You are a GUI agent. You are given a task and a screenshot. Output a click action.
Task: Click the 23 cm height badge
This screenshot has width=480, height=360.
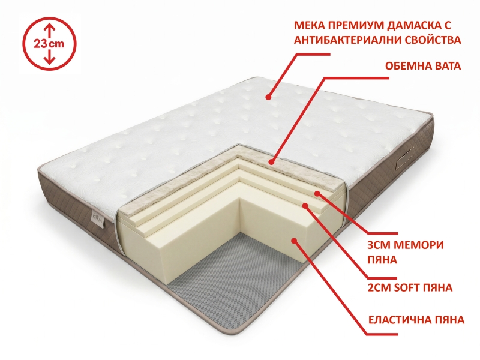point(49,44)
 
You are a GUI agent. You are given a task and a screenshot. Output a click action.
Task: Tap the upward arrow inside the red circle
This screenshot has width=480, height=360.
point(49,31)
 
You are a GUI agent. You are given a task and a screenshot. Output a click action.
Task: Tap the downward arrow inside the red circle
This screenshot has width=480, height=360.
point(49,57)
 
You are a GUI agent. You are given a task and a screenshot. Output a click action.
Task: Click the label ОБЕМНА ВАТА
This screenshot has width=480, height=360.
point(423,66)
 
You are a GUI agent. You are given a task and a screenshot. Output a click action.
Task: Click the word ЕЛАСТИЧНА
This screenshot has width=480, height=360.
point(398,320)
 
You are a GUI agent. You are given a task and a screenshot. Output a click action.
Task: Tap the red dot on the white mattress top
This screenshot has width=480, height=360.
point(268,97)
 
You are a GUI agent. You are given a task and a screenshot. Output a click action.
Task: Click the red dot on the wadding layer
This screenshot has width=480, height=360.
point(271,162)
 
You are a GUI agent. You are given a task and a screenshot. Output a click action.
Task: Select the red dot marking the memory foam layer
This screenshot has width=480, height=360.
point(317,193)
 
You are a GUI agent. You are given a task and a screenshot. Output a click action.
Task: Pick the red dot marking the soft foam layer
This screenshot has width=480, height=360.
point(305,205)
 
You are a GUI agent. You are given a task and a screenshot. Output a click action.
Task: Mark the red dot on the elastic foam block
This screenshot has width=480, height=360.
point(294,241)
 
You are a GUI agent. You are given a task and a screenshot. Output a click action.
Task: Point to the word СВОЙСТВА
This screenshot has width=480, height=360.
point(432,40)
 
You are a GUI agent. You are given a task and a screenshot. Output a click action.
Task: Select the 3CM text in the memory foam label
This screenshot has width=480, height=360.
point(379,245)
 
